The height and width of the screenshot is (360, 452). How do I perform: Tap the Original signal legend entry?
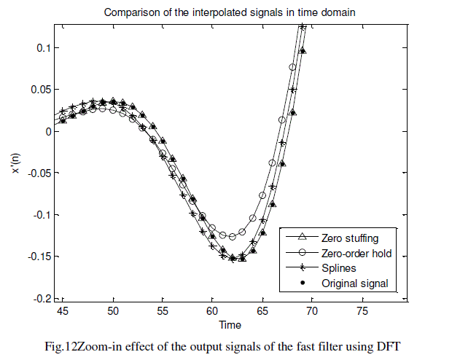pyautogui.click(x=354, y=283)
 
